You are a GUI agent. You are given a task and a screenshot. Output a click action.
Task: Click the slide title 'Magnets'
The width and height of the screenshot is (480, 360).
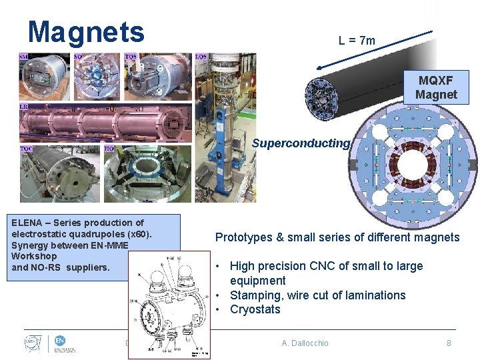pyautogui.click(x=86, y=31)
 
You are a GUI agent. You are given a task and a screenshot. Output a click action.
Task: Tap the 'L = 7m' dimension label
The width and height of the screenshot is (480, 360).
pyautogui.click(x=357, y=41)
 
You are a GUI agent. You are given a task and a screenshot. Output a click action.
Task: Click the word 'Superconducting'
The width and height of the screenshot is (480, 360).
pyautogui.click(x=300, y=143)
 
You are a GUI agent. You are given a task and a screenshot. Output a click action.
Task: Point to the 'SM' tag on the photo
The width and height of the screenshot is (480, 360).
pyautogui.click(x=24, y=57)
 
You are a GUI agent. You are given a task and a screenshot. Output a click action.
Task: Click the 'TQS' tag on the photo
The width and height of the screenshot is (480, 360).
pyautogui.click(x=131, y=57)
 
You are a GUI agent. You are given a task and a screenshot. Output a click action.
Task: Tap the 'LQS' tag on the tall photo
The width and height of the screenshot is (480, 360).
pyautogui.click(x=201, y=57)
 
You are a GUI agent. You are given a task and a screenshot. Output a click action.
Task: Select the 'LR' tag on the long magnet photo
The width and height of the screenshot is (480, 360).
pyautogui.click(x=24, y=107)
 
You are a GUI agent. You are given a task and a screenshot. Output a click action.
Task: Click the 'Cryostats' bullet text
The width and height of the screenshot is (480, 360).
pyautogui.click(x=255, y=309)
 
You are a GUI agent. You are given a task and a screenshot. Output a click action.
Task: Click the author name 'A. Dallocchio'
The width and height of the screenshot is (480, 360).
pyautogui.click(x=305, y=343)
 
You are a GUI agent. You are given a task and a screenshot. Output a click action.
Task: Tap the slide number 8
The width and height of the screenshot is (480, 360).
pyautogui.click(x=449, y=343)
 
